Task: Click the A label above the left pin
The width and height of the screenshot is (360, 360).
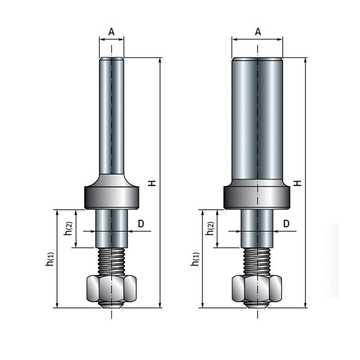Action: point(112,32)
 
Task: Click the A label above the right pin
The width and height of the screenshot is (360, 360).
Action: point(257,32)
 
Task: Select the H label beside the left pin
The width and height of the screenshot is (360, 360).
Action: point(153,183)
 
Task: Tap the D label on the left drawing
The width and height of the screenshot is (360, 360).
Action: point(141,224)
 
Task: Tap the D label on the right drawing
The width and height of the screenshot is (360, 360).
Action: point(286,224)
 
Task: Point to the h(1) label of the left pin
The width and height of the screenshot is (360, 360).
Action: point(49,259)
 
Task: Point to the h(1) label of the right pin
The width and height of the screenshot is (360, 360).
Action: point(195,259)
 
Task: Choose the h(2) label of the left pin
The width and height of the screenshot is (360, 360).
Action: point(68,228)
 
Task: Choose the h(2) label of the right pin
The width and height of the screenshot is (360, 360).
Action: point(210,228)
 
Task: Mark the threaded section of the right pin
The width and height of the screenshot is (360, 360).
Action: point(257,261)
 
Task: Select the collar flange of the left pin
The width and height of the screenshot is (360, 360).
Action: point(112,197)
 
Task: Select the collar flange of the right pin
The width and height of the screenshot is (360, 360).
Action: point(257,197)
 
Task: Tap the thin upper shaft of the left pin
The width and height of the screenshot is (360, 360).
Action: point(112,115)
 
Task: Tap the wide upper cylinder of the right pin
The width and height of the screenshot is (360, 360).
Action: point(257,119)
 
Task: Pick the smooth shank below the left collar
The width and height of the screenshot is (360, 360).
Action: point(112,228)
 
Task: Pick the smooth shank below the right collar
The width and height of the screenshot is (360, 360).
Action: point(257,228)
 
